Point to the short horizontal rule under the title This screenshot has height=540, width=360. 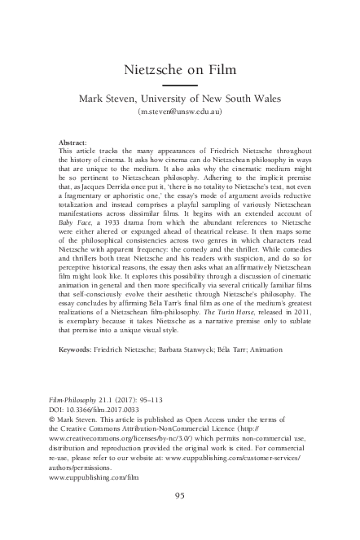pyautogui.click(x=179, y=85)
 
